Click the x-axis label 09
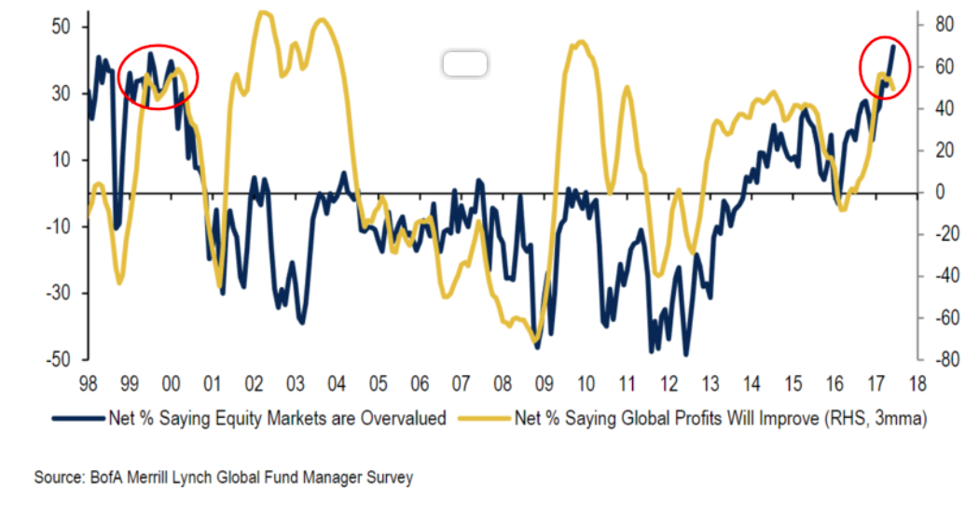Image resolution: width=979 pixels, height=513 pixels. tap(545, 382)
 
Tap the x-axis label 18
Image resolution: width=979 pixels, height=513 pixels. tap(917, 382)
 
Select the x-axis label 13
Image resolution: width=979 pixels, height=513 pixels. tap(710, 382)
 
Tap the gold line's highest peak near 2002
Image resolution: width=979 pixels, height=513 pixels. tap(264, 13)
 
